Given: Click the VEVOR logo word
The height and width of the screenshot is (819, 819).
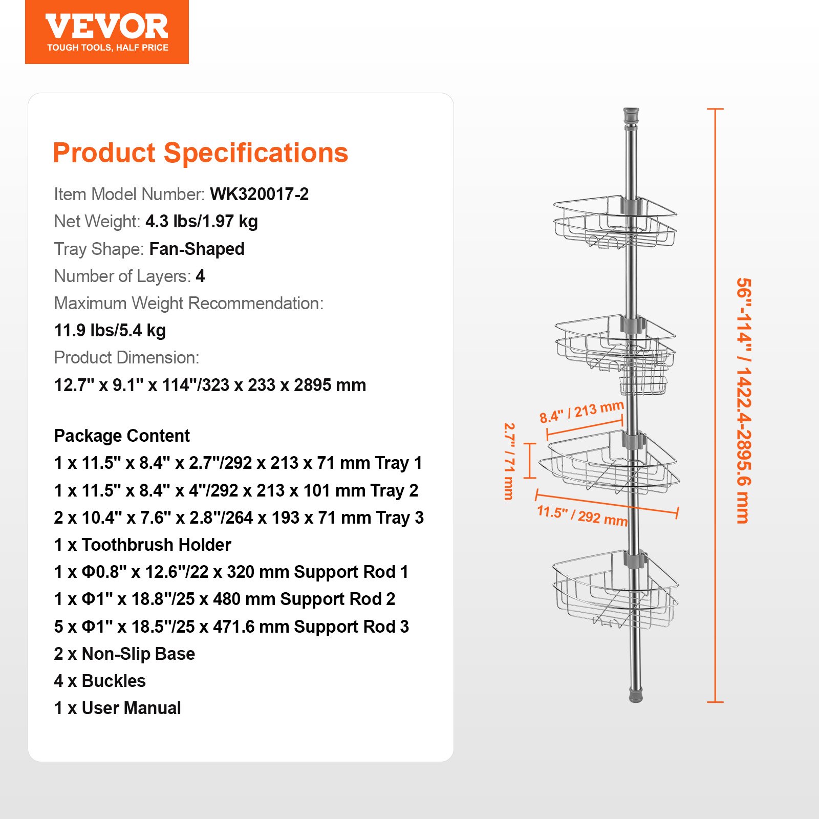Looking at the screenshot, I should click(106, 27).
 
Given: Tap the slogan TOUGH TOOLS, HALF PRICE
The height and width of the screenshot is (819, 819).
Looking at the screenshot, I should click(107, 48).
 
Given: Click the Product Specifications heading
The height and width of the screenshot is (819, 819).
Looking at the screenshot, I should click(200, 153).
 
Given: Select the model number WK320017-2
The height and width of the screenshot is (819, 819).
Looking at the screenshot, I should click(259, 194).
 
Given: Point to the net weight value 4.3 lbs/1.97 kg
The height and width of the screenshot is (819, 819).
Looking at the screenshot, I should click(202, 221).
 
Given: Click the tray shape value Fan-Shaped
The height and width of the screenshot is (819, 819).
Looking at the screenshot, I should click(197, 249).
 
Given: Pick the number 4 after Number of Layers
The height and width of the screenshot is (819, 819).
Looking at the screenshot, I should click(200, 276).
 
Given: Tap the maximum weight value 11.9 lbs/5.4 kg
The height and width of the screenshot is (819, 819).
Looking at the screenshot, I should click(110, 330).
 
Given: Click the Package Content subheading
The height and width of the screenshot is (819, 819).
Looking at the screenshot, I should click(122, 436).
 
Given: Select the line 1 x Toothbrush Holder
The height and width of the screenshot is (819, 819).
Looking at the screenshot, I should click(143, 545).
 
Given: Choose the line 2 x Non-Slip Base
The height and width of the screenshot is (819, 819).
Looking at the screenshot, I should click(124, 654).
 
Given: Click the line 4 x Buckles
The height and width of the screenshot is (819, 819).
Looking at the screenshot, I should click(100, 681).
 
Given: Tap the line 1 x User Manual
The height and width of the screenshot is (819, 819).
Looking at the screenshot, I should click(118, 708).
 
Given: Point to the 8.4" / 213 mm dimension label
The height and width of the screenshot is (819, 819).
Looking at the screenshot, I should click(581, 412).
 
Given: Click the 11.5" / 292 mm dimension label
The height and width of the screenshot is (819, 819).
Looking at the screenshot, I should click(582, 515).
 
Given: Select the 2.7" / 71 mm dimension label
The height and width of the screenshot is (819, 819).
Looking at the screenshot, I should click(509, 461).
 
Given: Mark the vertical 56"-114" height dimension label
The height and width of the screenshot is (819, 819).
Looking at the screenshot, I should click(743, 400).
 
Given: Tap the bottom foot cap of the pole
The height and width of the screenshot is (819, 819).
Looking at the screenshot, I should click(636, 696).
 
